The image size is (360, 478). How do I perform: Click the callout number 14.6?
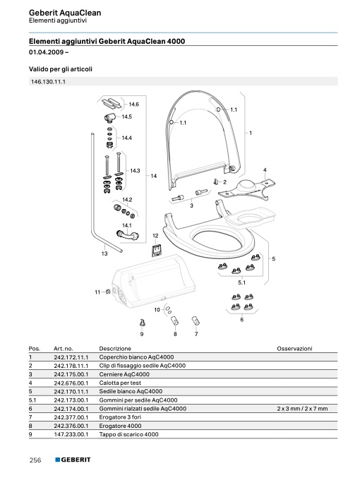133,104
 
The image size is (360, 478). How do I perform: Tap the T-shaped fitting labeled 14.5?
109,116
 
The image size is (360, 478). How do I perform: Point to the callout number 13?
104,253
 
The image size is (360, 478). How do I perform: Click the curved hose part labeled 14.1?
128,235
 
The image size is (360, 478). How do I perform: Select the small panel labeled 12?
157,250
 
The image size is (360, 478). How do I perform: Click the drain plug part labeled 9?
142,323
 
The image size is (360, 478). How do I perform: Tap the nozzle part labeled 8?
174,321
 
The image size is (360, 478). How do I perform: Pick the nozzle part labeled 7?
196,321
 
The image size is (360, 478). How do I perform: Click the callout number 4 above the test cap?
265,170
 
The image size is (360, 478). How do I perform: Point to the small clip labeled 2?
216,182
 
